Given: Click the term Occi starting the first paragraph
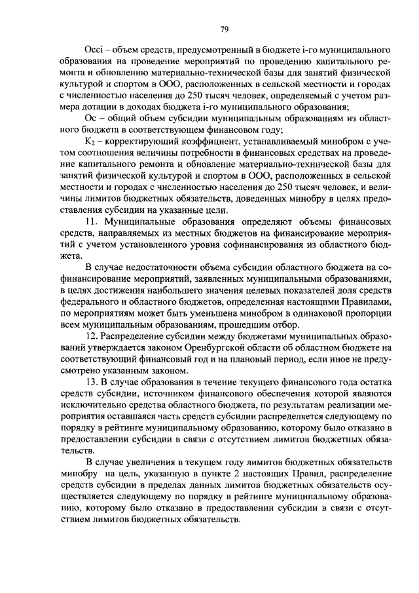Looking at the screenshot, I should click(96, 50).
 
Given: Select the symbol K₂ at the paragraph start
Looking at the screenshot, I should click(92, 144).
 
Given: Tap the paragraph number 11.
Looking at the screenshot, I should click(93, 222).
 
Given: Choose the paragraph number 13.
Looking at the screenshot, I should click(93, 381).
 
